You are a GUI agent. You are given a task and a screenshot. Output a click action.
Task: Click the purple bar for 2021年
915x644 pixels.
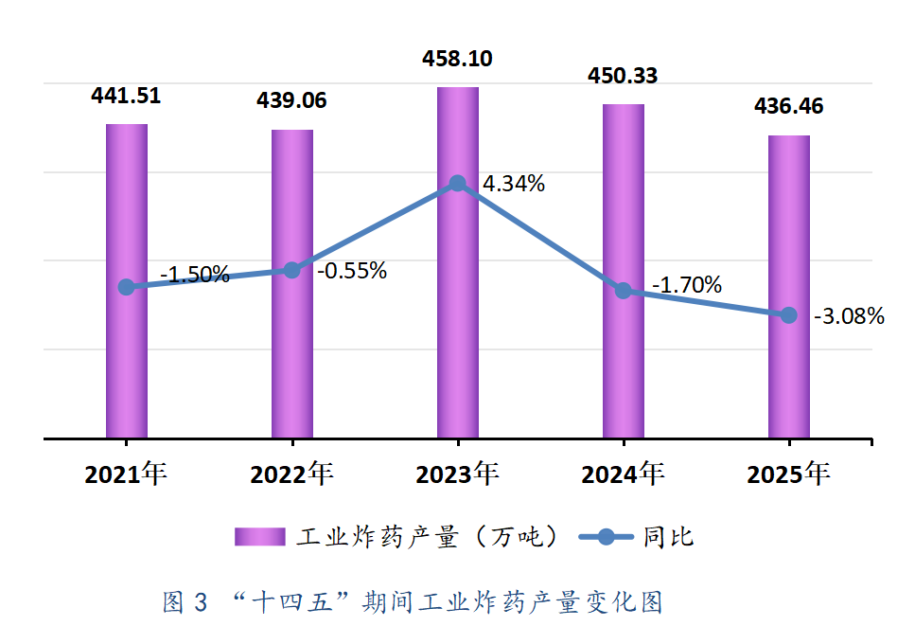pos(126,360)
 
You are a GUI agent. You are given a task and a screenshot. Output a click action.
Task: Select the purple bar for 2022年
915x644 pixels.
pos(292,360)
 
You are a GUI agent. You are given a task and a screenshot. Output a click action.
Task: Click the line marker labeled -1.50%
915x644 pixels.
pos(126,287)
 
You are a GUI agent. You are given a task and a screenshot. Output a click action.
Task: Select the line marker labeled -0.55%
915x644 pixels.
pos(291,271)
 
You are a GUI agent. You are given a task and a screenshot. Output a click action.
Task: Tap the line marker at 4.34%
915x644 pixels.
pos(457,183)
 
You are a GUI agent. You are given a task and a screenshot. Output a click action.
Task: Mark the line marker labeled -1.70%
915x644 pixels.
pos(623,291)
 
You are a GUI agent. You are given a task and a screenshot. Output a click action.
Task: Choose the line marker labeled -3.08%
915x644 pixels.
pos(788,314)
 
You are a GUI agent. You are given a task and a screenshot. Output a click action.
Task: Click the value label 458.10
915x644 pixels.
pos(457,59)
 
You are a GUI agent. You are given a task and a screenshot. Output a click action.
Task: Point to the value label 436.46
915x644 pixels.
pos(788,106)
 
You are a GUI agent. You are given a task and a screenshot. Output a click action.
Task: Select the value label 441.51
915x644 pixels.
pos(126,95)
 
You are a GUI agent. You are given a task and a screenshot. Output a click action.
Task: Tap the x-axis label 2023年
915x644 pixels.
pos(457,474)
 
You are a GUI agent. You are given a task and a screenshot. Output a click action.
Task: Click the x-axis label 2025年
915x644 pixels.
pos(788,474)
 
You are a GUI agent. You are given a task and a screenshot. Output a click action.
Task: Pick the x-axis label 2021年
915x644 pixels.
pos(126,474)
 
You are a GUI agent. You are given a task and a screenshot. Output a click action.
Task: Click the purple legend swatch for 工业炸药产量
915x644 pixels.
pos(260,537)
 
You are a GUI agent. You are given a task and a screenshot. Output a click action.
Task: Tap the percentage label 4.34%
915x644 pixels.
pos(514,184)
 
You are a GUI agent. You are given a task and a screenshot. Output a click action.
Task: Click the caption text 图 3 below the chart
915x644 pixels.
pos(185,602)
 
